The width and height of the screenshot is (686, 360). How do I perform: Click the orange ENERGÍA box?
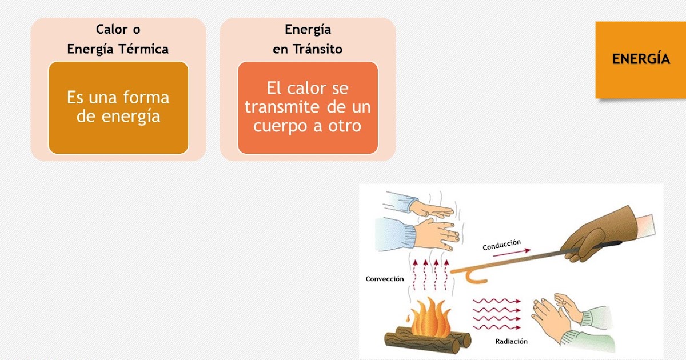(x=640, y=59)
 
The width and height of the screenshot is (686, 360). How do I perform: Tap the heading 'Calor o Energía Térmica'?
(x=118, y=39)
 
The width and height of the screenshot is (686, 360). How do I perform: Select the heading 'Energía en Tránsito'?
(x=308, y=39)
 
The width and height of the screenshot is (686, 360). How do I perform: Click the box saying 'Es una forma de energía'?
(x=118, y=107)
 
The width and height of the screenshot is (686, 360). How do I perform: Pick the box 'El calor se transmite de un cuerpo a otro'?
(x=308, y=107)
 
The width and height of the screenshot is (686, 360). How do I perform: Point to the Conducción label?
(x=501, y=245)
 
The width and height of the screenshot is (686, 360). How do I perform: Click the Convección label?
(x=385, y=279)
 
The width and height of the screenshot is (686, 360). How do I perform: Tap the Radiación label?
(x=512, y=342)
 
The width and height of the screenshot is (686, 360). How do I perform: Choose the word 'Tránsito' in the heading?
(x=317, y=49)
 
